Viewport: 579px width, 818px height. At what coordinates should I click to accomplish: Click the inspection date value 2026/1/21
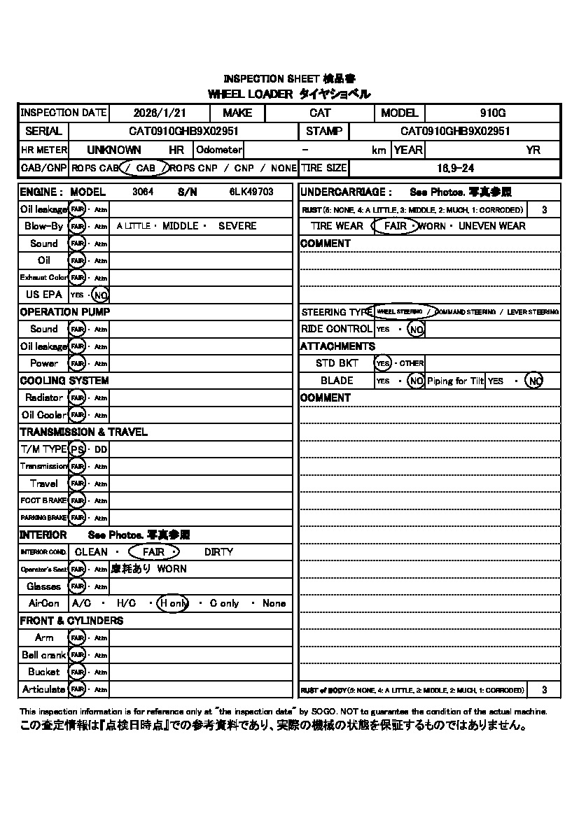point(159,113)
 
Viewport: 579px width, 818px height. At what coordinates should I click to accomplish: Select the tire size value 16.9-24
point(454,168)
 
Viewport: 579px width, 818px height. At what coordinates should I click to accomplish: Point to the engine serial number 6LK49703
point(251,192)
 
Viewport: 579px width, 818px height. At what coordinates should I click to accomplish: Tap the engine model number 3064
point(143,192)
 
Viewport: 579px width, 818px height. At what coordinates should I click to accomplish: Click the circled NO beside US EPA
point(100,295)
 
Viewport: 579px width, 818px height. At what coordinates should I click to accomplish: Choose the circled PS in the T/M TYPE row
point(78,449)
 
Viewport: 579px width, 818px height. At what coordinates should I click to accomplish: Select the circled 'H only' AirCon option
point(172,603)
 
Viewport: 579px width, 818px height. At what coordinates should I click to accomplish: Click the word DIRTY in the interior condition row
point(218,552)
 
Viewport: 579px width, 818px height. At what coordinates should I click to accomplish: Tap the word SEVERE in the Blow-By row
point(237,226)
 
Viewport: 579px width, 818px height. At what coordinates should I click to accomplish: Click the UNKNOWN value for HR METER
point(113,150)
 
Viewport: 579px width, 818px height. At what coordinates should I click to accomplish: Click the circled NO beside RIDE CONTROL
point(416,329)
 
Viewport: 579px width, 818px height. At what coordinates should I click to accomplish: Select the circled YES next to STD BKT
point(382,363)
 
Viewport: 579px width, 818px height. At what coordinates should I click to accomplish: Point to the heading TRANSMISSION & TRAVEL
point(83,432)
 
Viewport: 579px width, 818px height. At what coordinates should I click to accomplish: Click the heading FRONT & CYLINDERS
point(71,621)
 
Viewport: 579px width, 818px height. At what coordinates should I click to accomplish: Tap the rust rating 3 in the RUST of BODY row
point(545,690)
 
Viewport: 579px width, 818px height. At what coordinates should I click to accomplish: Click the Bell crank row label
point(43,655)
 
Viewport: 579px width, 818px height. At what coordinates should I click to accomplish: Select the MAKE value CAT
point(320,113)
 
